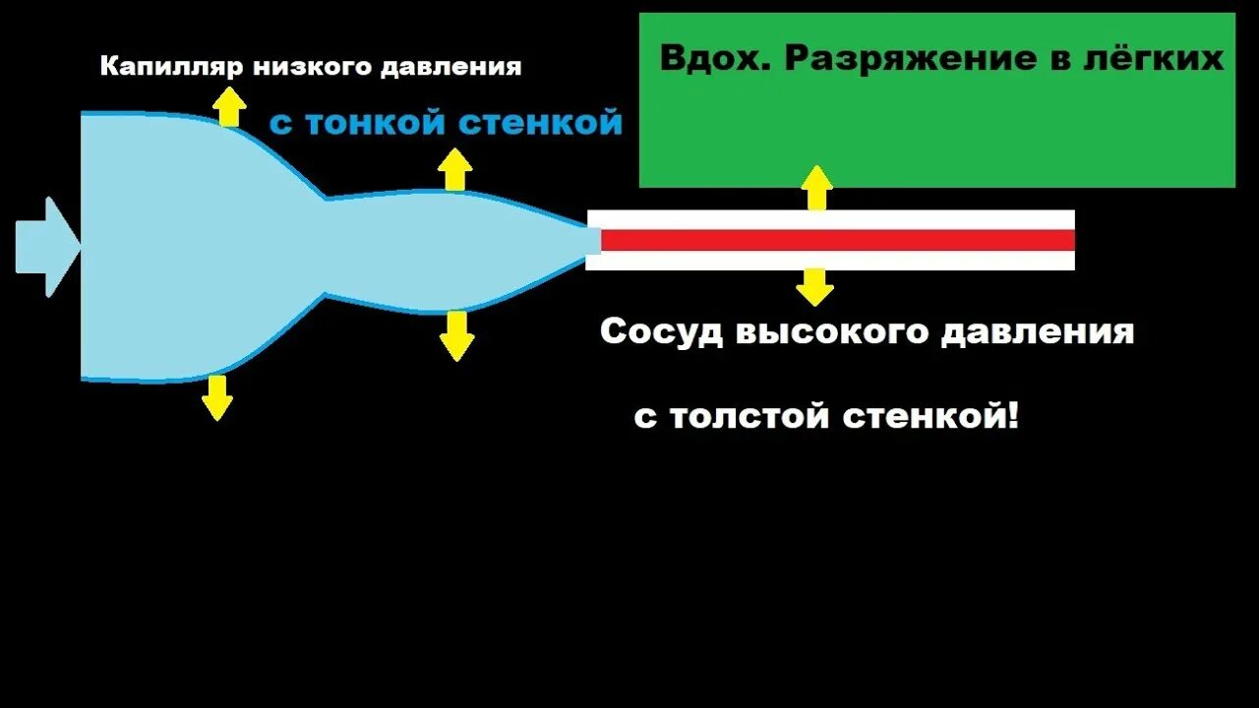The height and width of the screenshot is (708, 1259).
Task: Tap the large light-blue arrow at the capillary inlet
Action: [x=46, y=246]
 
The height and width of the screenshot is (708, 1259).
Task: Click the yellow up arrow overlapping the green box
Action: [x=815, y=188]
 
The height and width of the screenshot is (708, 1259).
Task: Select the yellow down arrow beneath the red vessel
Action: [x=814, y=286]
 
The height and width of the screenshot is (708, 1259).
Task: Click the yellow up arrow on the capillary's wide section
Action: [x=229, y=106]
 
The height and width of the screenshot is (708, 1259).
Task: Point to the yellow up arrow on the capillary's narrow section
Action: [x=453, y=169]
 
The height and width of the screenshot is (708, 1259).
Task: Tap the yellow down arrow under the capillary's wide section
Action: [x=216, y=398]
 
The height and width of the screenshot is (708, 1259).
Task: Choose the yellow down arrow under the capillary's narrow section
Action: [x=456, y=336]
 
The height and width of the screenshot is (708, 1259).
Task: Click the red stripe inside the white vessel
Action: [x=836, y=240]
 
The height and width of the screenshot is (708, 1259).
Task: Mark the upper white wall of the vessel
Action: [x=836, y=219]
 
